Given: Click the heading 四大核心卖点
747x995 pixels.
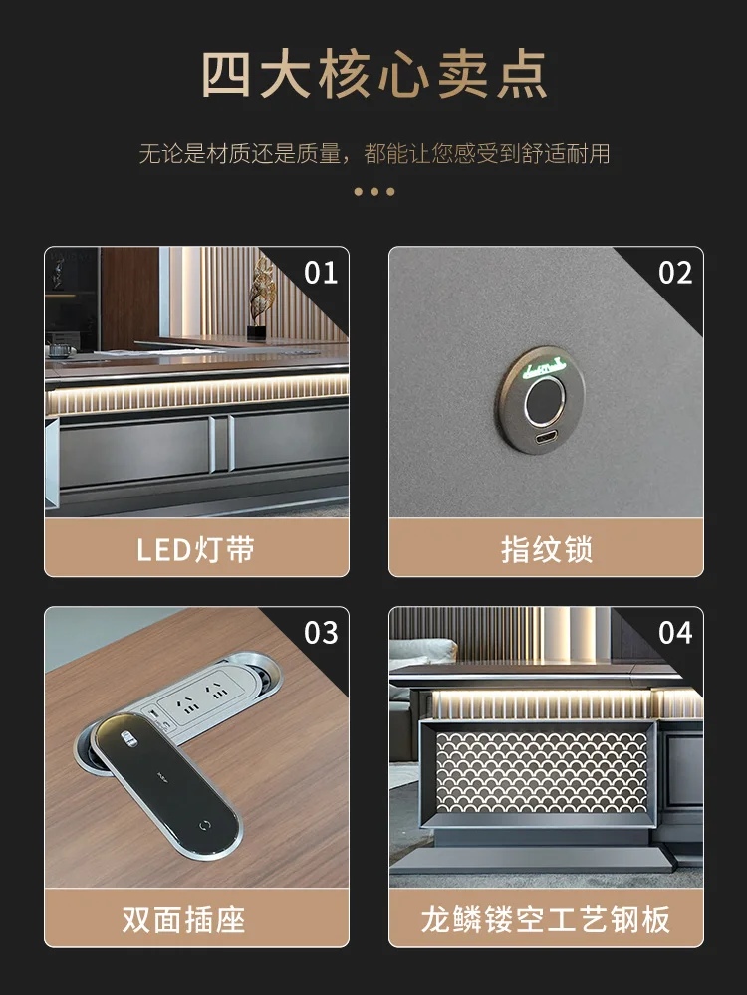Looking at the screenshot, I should (373, 76).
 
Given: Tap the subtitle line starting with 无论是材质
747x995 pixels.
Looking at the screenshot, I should (373, 154).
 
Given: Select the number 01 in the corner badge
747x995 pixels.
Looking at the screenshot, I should (321, 273).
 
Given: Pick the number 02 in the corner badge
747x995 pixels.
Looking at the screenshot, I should (675, 273).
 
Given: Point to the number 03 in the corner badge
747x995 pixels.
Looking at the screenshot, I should (321, 633).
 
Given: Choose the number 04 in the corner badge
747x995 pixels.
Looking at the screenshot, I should (675, 633).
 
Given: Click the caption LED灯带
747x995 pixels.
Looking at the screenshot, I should (196, 550).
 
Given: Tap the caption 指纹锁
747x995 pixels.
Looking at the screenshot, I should (546, 550).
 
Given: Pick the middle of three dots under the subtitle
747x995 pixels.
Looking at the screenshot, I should (374, 191).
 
